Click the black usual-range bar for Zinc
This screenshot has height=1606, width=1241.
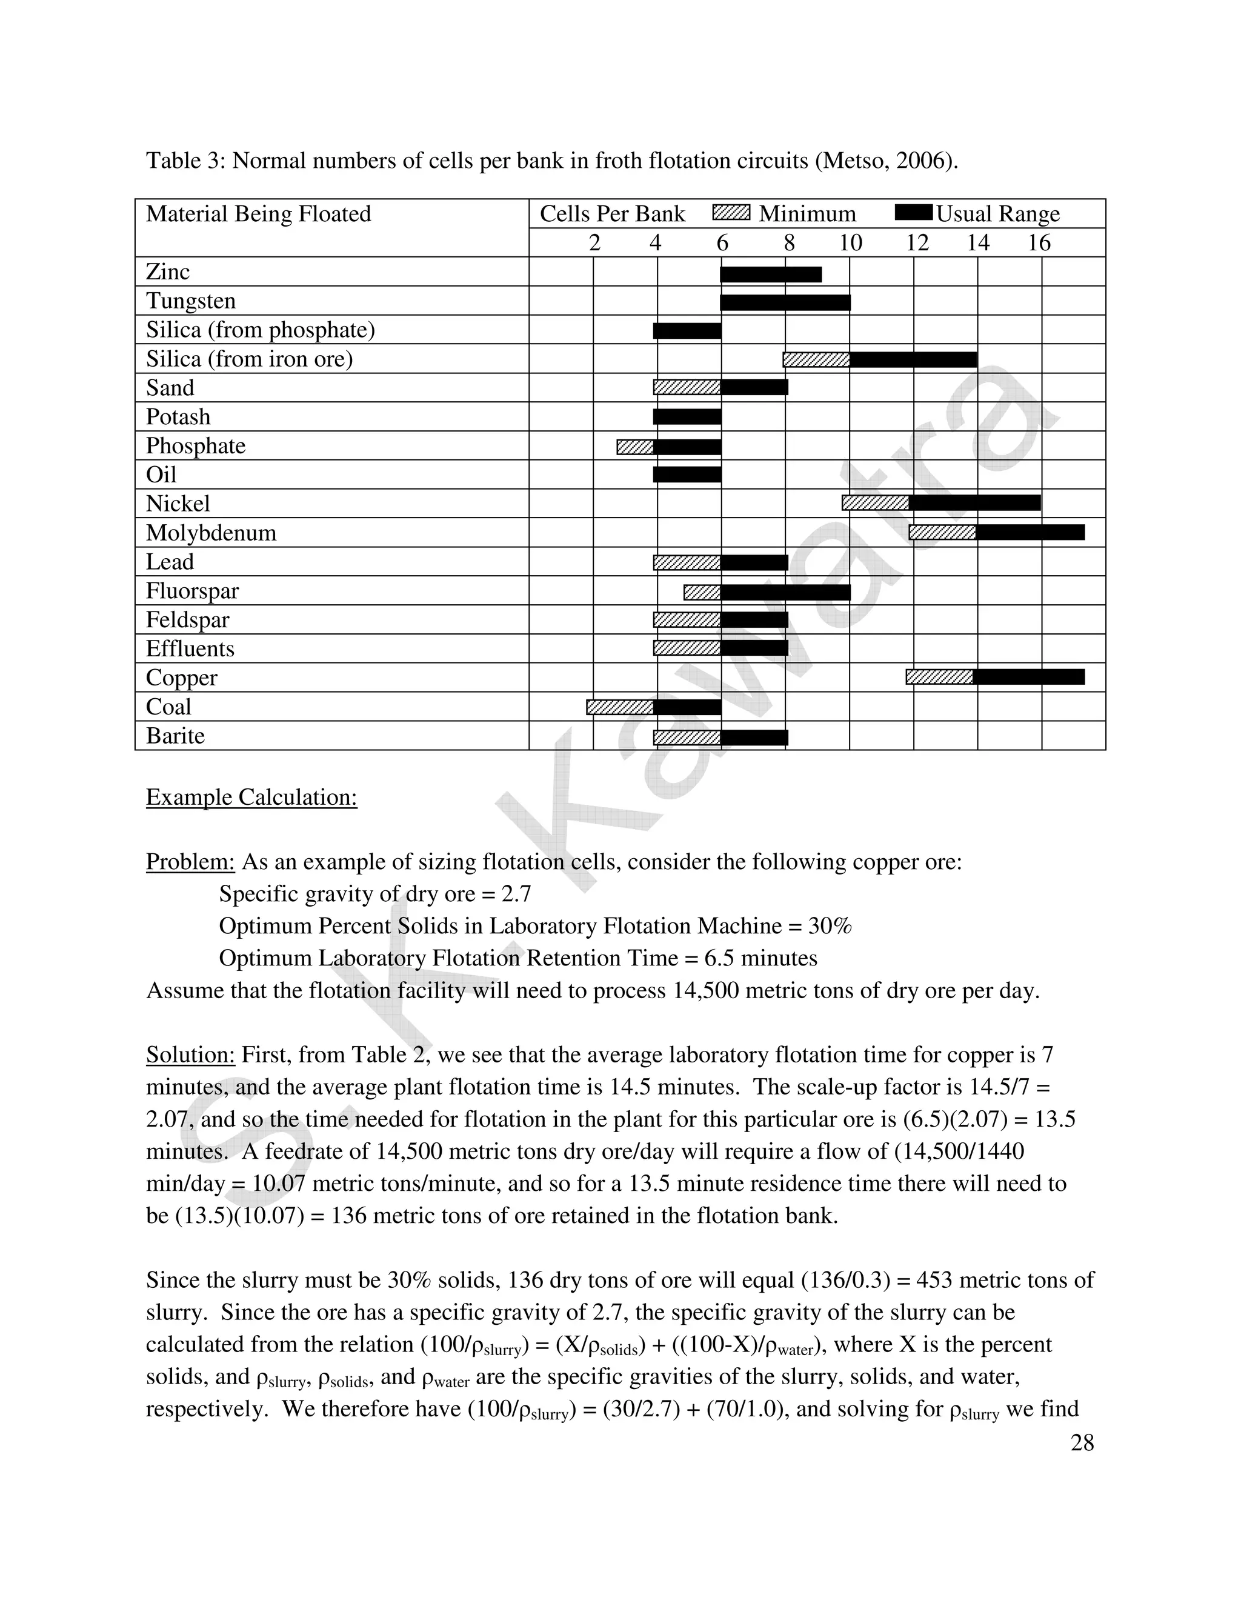(771, 275)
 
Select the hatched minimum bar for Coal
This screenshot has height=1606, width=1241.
(620, 707)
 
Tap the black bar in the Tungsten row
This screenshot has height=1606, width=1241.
(785, 302)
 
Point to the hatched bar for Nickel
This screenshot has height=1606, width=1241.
(875, 503)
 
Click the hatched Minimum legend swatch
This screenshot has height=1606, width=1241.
(731, 213)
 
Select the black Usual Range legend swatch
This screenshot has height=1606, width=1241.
(914, 213)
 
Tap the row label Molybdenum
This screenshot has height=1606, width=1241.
(211, 532)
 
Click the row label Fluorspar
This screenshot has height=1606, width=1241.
(192, 590)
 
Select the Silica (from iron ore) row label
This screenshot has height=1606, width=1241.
(249, 359)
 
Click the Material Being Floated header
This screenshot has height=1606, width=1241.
(258, 214)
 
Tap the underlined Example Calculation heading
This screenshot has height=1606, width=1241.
(251, 797)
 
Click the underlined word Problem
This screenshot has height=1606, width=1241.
(190, 861)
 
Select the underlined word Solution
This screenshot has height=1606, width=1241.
(190, 1055)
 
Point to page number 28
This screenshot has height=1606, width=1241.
(1082, 1443)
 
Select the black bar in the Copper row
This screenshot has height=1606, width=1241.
(1028, 678)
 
